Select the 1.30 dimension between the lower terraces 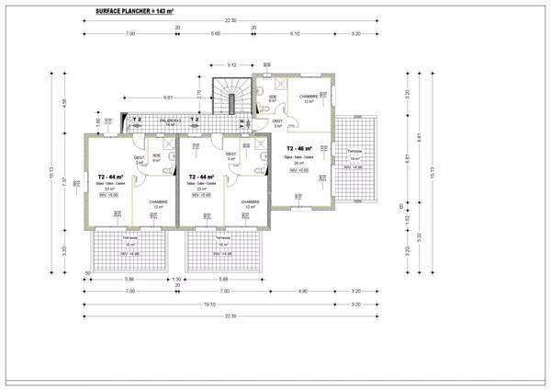click(x=176, y=279)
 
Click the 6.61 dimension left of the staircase click(x=168, y=97)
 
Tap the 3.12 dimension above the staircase click(x=231, y=64)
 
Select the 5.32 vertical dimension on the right click(x=420, y=236)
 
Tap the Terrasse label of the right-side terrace click(x=354, y=151)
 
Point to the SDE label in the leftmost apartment click(x=156, y=155)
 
